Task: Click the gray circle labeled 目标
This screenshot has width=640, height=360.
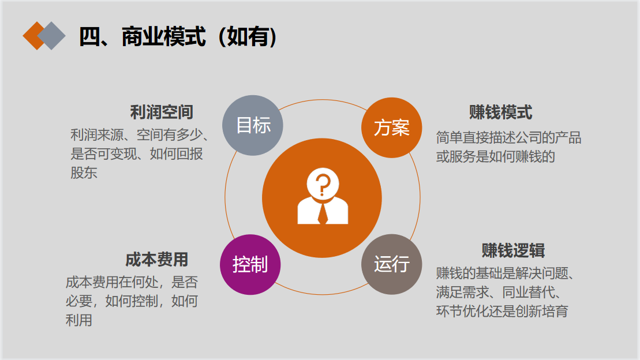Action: tap(253, 125)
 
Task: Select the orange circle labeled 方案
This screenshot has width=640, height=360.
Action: tap(391, 127)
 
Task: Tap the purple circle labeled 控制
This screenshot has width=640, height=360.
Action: tap(250, 264)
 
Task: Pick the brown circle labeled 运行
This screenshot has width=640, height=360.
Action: tap(391, 264)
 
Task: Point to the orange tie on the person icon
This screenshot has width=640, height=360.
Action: tap(323, 213)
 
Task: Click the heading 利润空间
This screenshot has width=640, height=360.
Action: tap(162, 112)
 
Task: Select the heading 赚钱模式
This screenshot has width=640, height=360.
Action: tap(501, 112)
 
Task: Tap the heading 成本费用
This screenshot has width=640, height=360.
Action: tap(157, 260)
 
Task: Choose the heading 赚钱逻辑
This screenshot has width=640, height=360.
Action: tap(514, 250)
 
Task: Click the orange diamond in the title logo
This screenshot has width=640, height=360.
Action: tap(34, 36)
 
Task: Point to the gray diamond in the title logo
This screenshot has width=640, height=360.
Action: tap(51, 36)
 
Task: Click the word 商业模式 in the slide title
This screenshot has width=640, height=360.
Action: tap(164, 37)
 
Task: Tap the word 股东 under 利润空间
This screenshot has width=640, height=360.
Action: tap(84, 172)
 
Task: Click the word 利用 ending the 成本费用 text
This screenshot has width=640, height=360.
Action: tap(79, 320)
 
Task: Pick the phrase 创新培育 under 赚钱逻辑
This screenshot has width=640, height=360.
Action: tap(542, 311)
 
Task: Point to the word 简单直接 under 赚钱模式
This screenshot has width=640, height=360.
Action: tap(462, 137)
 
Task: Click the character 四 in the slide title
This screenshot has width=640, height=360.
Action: tap(90, 37)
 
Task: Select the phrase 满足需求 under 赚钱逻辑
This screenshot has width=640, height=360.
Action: tap(462, 292)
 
